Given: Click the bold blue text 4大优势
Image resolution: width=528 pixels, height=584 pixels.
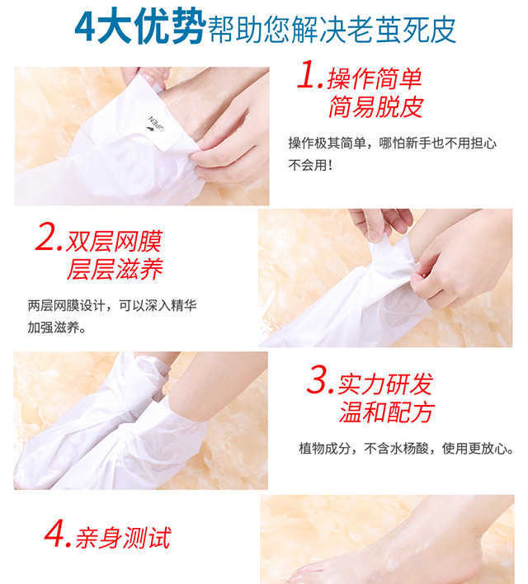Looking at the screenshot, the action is [x=140, y=26].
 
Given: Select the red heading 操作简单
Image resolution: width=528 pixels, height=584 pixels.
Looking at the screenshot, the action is [x=375, y=78].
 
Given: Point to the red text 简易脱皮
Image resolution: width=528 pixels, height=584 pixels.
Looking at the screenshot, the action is [x=375, y=107].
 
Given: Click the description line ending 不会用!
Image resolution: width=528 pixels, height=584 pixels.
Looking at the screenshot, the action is [x=310, y=165].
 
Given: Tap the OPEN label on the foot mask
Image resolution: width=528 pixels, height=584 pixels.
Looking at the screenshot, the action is [x=156, y=124].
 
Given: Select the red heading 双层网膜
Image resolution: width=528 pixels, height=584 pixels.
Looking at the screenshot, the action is [x=114, y=242].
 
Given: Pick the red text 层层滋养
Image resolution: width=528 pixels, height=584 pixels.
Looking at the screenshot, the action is [x=115, y=269].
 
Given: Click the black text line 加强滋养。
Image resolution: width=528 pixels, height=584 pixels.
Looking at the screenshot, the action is [x=57, y=327].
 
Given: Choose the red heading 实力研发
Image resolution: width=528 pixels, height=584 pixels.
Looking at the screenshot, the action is [x=384, y=384].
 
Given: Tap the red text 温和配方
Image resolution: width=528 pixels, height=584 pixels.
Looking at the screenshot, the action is [x=386, y=412].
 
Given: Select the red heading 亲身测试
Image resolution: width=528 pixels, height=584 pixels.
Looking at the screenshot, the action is [x=123, y=538].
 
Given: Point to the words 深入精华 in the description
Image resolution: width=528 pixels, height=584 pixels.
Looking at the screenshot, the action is [x=171, y=306].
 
